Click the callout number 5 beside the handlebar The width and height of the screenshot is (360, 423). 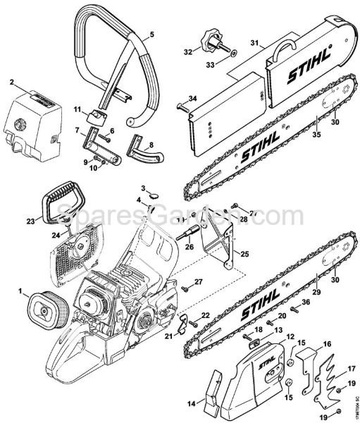pyautogui.click(x=154, y=35)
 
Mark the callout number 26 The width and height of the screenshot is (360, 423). pyautogui.click(x=189, y=247)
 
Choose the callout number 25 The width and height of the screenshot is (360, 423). pyautogui.click(x=245, y=254)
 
